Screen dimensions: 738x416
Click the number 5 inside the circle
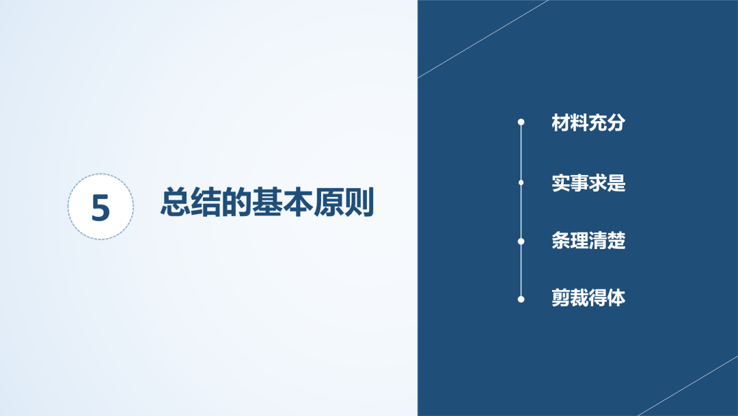(100, 207)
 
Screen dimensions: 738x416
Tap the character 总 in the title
(176, 202)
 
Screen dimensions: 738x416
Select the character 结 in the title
(206, 202)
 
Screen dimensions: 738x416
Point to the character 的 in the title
(236, 202)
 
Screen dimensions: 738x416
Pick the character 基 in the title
(267, 202)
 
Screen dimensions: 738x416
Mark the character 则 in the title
(359, 202)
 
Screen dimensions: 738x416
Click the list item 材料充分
(588, 122)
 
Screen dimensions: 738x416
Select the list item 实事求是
(588, 183)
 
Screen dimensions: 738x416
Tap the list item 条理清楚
(588, 241)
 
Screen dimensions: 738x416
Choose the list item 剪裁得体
(588, 298)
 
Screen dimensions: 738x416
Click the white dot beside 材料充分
(521, 122)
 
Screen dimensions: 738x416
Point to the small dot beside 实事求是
(521, 182)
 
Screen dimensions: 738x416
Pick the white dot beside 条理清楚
(521, 242)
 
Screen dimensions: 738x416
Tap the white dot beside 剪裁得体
(521, 299)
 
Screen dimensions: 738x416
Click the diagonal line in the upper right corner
(483, 38)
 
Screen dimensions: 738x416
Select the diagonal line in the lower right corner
(687, 386)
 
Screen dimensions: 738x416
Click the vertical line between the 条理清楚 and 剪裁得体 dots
(521, 270)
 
